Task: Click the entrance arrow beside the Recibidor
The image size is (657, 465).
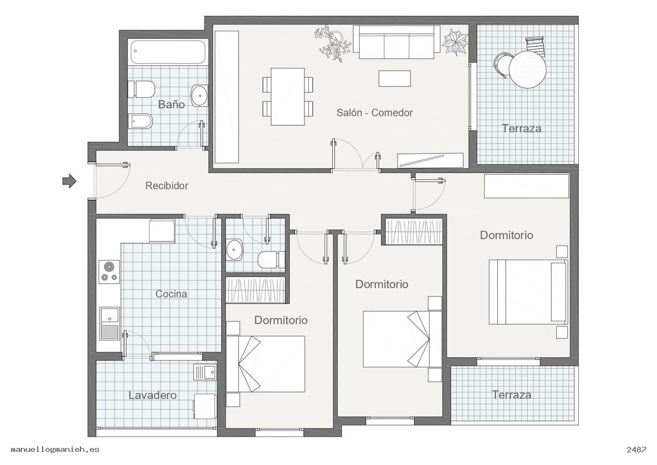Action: [x=69, y=181]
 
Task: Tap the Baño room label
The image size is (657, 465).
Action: [x=171, y=105]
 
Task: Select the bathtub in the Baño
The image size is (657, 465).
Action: [x=168, y=52]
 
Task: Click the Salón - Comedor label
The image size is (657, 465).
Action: [x=374, y=112]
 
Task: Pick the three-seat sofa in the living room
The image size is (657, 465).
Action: [x=396, y=42]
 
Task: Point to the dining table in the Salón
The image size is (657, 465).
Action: [x=288, y=97]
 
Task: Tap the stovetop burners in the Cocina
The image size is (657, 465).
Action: [x=109, y=272]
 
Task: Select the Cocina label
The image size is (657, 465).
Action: [x=171, y=294]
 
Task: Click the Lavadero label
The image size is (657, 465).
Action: [x=153, y=395]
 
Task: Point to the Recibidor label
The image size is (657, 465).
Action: [x=166, y=186]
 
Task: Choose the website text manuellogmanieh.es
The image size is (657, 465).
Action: [x=55, y=450]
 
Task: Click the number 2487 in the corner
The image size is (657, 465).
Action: [x=636, y=450]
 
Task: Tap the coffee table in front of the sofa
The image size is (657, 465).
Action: [x=395, y=78]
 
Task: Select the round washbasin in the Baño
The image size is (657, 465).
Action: [x=199, y=95]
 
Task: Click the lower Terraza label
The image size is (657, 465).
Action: [x=511, y=394]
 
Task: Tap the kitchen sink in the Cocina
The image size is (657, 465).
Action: [x=109, y=324]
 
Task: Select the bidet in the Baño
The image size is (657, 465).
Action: [x=140, y=121]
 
